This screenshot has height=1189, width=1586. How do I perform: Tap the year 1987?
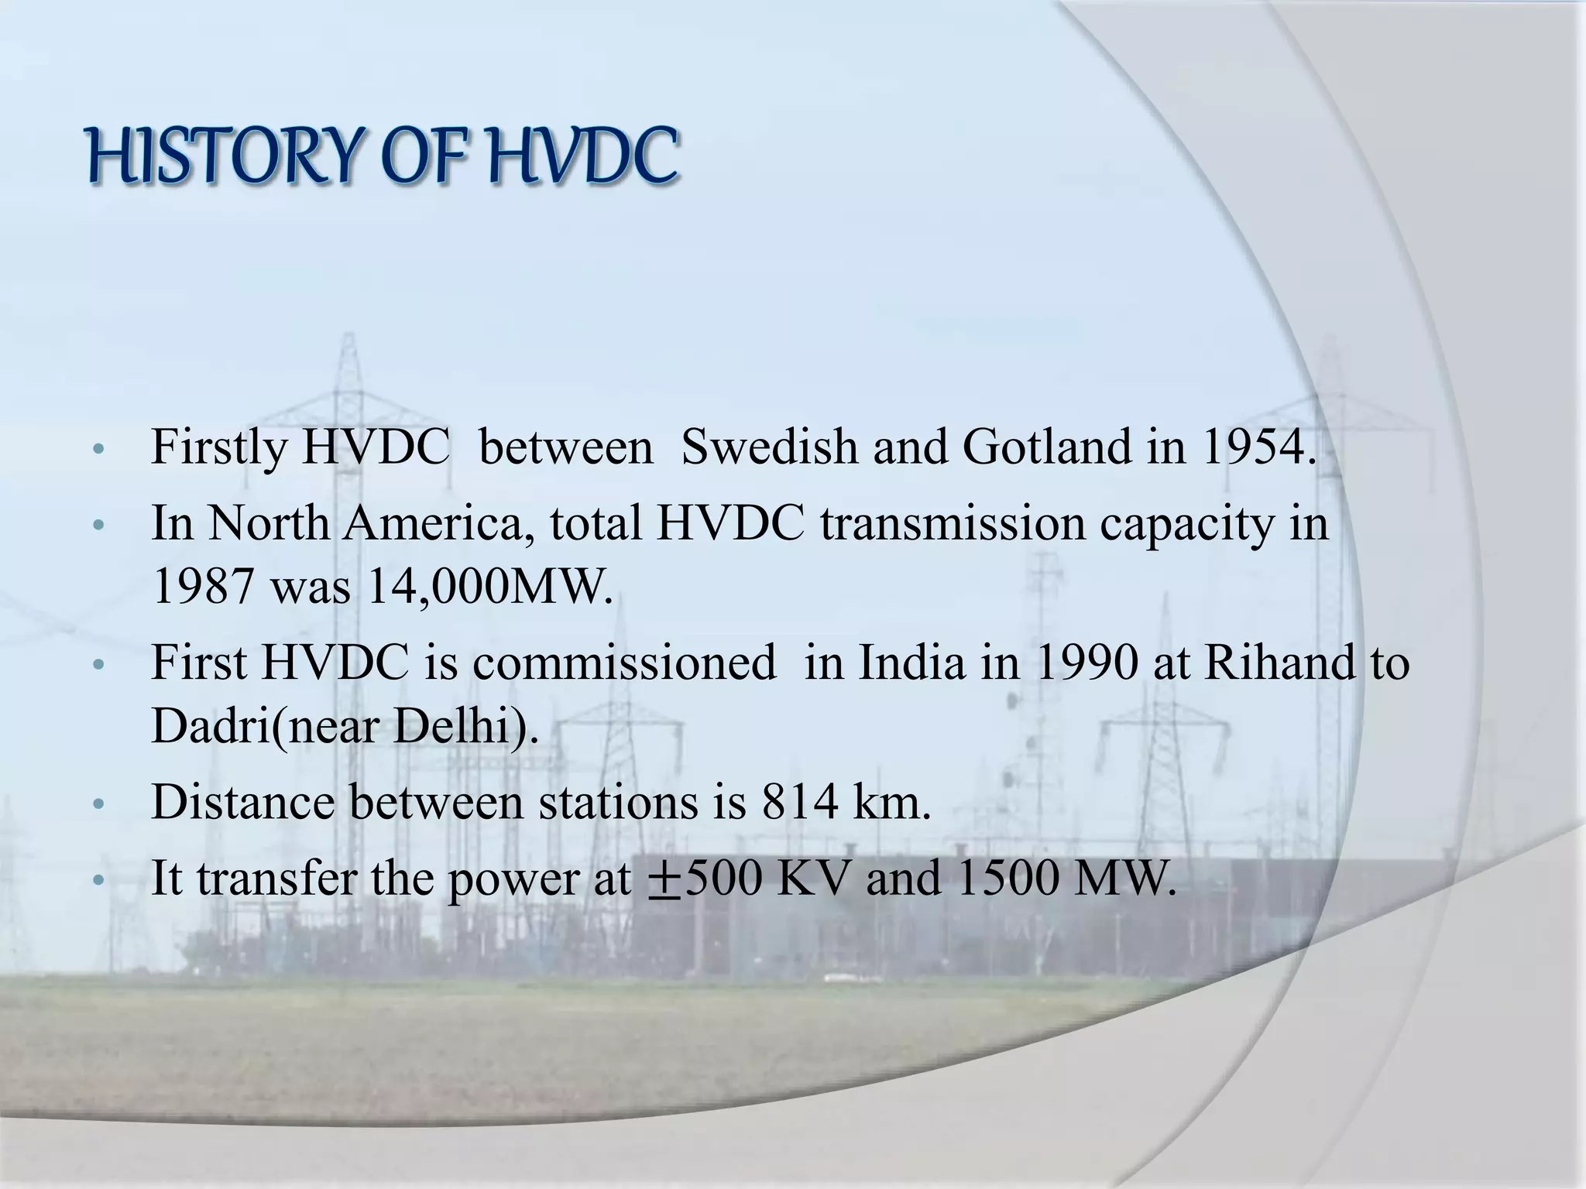203,588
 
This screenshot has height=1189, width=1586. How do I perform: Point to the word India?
911,663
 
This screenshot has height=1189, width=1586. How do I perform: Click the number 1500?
1007,879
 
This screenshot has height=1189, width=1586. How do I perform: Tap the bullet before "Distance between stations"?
98,805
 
